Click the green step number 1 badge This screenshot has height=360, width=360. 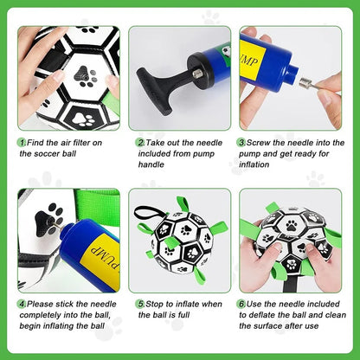coord(21,142)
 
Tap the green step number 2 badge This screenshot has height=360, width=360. coord(138,142)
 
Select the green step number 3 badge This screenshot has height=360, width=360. coord(241,142)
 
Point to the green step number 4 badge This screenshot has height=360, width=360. coord(21,305)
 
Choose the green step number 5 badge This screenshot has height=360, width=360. coord(138,305)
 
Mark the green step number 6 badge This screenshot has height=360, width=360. coord(241,305)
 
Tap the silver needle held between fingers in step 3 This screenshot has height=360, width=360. coord(307,84)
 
